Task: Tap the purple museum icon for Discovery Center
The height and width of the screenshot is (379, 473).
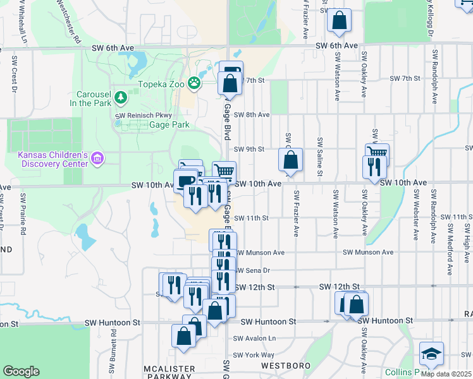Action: point(97,157)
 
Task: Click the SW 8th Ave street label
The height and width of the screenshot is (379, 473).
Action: point(252,114)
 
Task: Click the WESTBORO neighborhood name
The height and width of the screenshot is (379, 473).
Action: point(285,366)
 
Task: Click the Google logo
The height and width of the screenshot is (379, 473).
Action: point(21,371)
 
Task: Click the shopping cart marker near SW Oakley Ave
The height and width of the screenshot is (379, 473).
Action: point(377,153)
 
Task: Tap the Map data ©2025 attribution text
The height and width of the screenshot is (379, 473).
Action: point(446,374)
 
